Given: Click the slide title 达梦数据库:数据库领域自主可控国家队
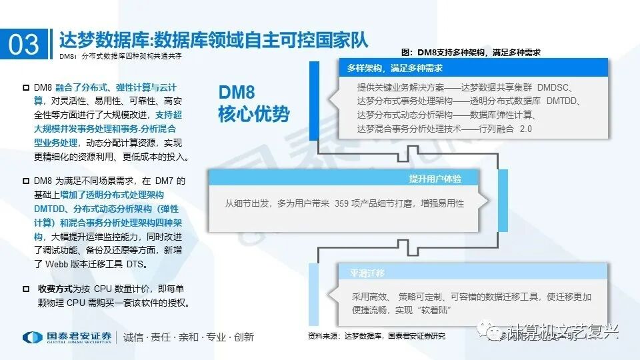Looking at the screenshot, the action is [213, 38].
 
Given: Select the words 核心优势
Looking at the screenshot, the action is [254, 114].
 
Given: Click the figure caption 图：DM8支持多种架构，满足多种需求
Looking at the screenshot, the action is [471, 51].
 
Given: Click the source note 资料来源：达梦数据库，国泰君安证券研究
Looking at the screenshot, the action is [376, 335].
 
